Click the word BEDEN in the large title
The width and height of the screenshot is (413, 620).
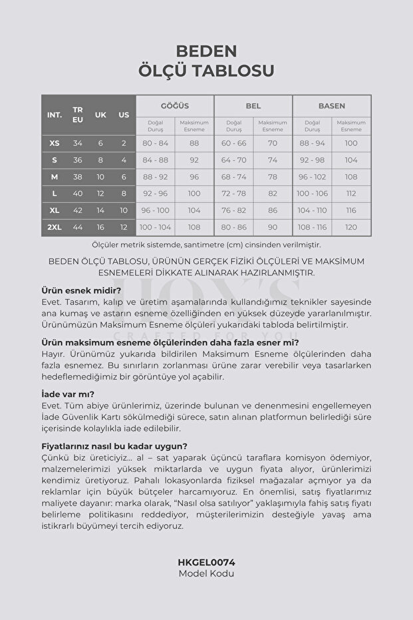(x=206, y=51)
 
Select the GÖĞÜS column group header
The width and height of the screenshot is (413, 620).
(x=175, y=106)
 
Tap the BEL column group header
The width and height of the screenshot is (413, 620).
(x=253, y=106)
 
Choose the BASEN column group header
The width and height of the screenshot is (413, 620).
(x=332, y=106)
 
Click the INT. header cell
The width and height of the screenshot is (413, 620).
(x=55, y=115)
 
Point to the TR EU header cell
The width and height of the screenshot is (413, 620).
(x=78, y=115)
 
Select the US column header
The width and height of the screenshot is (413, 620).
(x=124, y=115)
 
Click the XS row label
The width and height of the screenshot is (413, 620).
(x=55, y=143)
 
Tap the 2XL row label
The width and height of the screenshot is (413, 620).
(x=55, y=227)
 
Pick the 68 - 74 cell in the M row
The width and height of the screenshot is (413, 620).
(x=234, y=177)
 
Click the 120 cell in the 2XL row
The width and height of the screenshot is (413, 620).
(x=351, y=227)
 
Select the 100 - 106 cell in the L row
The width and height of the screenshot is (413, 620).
(x=312, y=194)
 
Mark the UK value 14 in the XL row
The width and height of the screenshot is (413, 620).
(x=100, y=210)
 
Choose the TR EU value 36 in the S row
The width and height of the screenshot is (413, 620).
(x=78, y=160)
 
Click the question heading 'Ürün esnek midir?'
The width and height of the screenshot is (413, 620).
(x=80, y=290)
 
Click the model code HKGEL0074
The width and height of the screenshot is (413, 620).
(x=206, y=562)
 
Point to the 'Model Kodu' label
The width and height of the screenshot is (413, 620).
(x=206, y=573)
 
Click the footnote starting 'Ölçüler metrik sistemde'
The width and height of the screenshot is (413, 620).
(x=206, y=244)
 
